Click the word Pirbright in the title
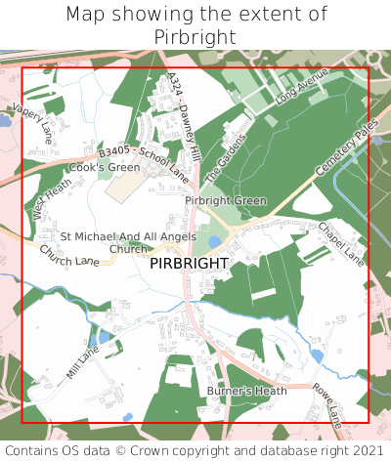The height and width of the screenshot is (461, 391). tap(195, 36)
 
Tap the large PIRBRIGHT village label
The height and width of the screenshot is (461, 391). tap(190, 264)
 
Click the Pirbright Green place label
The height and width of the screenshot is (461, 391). tap(226, 200)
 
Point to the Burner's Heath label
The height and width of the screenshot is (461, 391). tap(247, 391)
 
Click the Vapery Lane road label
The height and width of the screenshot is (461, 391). tap(35, 125)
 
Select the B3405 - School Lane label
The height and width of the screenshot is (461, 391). tap(144, 163)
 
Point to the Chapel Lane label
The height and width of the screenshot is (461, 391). tap(341, 244)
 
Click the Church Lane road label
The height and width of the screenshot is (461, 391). tap(69, 256)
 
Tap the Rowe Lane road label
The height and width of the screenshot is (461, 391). tap(328, 404)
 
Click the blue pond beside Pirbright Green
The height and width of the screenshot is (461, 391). tap(215, 242)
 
